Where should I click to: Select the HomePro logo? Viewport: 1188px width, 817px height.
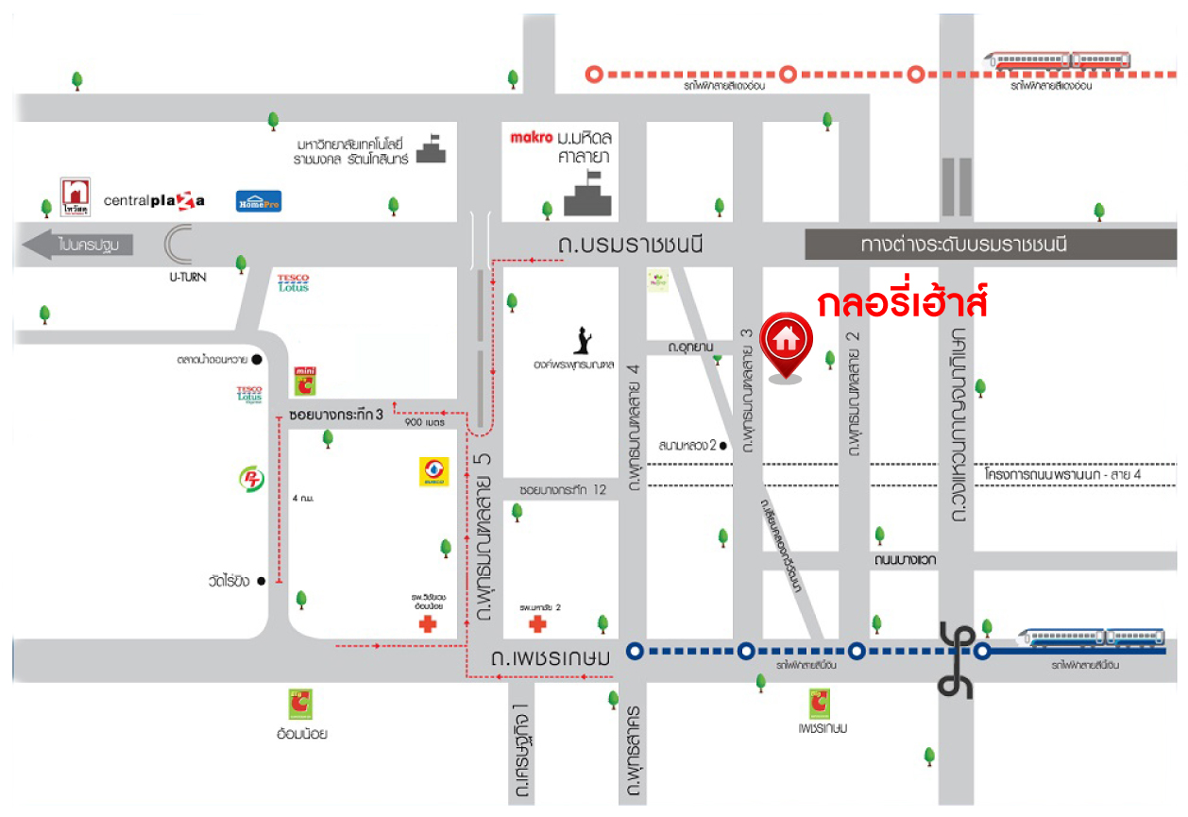[259, 200]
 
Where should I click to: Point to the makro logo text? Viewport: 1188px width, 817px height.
[530, 137]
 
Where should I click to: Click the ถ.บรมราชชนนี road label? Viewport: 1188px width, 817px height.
[631, 246]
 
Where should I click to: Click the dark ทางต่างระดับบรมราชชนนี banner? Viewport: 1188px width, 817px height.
[963, 245]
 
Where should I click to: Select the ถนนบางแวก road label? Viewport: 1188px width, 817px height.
[904, 560]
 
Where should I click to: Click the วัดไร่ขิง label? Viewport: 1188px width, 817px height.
[230, 581]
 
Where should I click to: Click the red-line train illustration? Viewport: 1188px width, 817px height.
[1058, 60]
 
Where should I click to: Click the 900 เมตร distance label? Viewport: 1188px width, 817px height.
[424, 422]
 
